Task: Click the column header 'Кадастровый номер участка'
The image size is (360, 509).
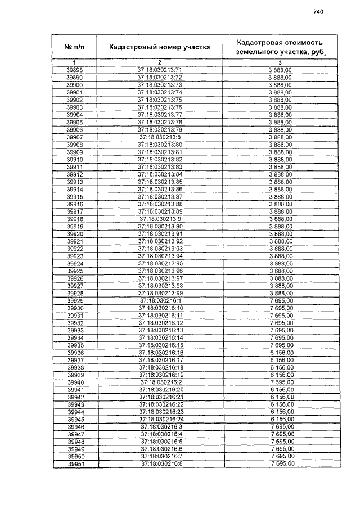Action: pyautogui.click(x=160, y=47)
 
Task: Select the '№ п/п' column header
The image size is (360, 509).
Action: pyautogui.click(x=75, y=47)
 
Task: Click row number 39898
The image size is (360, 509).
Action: pyautogui.click(x=75, y=70)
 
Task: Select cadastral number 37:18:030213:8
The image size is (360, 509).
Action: pyautogui.click(x=160, y=137)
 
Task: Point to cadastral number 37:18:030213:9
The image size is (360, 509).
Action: pyautogui.click(x=160, y=219)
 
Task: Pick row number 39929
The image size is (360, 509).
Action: pyautogui.click(x=75, y=300)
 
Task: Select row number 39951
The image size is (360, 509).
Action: pyautogui.click(x=75, y=464)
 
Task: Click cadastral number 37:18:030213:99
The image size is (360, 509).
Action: pyautogui.click(x=160, y=293)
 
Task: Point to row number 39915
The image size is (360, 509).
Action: pyautogui.click(x=75, y=196)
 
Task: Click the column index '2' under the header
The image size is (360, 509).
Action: pyautogui.click(x=160, y=62)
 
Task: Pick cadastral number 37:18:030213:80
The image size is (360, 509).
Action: pyautogui.click(x=160, y=144)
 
